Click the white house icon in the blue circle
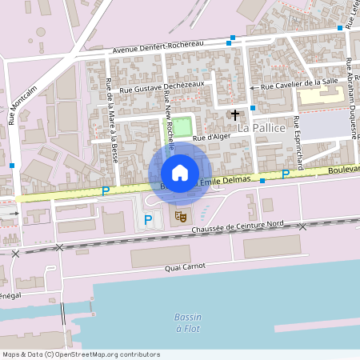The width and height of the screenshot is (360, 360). point(180,173)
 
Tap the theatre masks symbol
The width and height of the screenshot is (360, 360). point(182,215)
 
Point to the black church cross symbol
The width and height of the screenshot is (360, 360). point(235,114)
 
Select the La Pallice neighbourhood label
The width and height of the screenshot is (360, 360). point(262,128)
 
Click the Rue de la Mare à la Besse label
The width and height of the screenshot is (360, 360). point(112,120)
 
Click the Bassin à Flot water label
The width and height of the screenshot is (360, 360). point(188,322)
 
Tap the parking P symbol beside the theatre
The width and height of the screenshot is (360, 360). point(147,219)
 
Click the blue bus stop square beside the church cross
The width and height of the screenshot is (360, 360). point(253,107)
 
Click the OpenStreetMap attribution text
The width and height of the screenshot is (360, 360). point(80,354)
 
